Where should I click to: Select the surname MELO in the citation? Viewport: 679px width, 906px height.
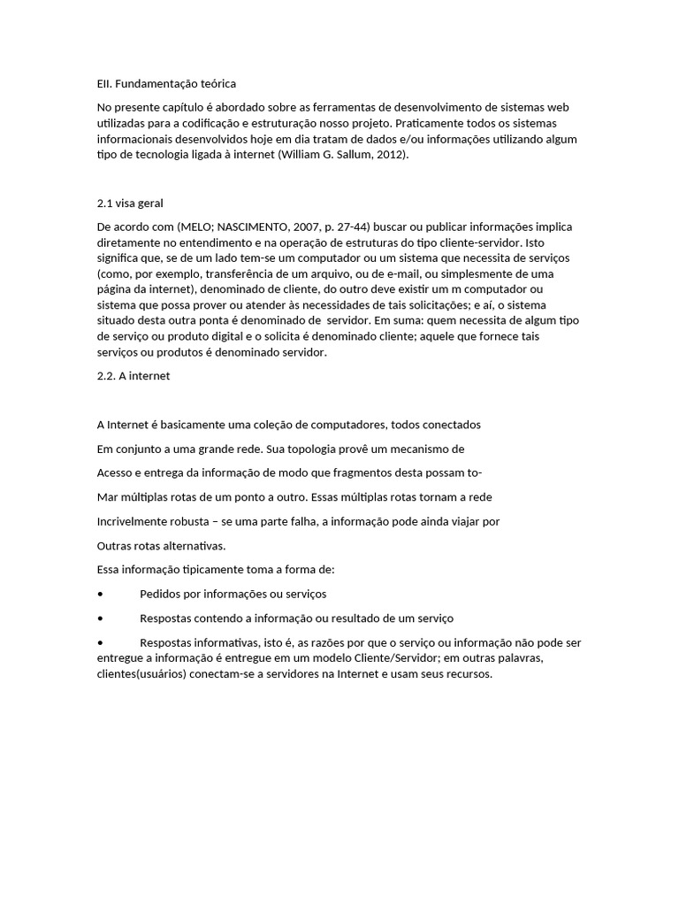[x=197, y=226]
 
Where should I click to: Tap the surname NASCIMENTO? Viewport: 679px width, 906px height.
[x=262, y=226]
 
